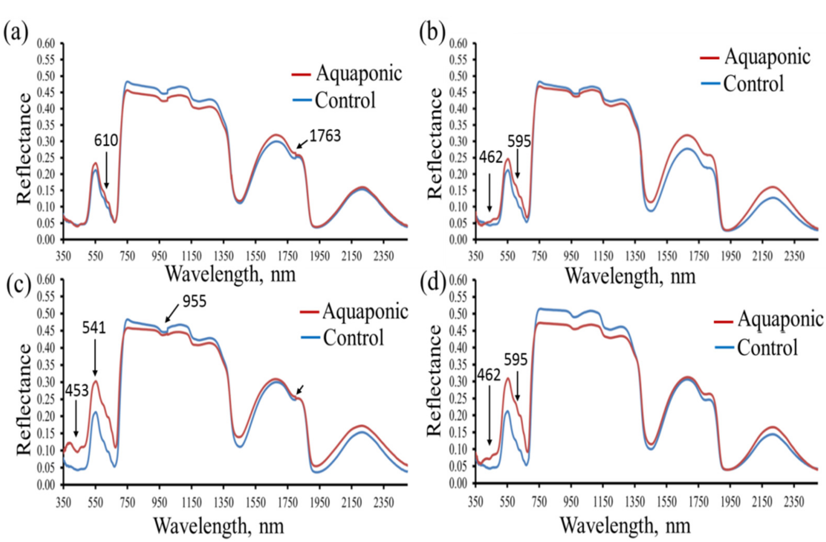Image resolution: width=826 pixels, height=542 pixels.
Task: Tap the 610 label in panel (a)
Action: coord(106,141)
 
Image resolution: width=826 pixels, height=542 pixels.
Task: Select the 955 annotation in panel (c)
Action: coord(194,301)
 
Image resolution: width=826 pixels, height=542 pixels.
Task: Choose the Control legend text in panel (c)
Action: coord(354,337)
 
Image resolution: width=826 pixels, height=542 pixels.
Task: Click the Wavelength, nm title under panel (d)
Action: coord(625,526)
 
